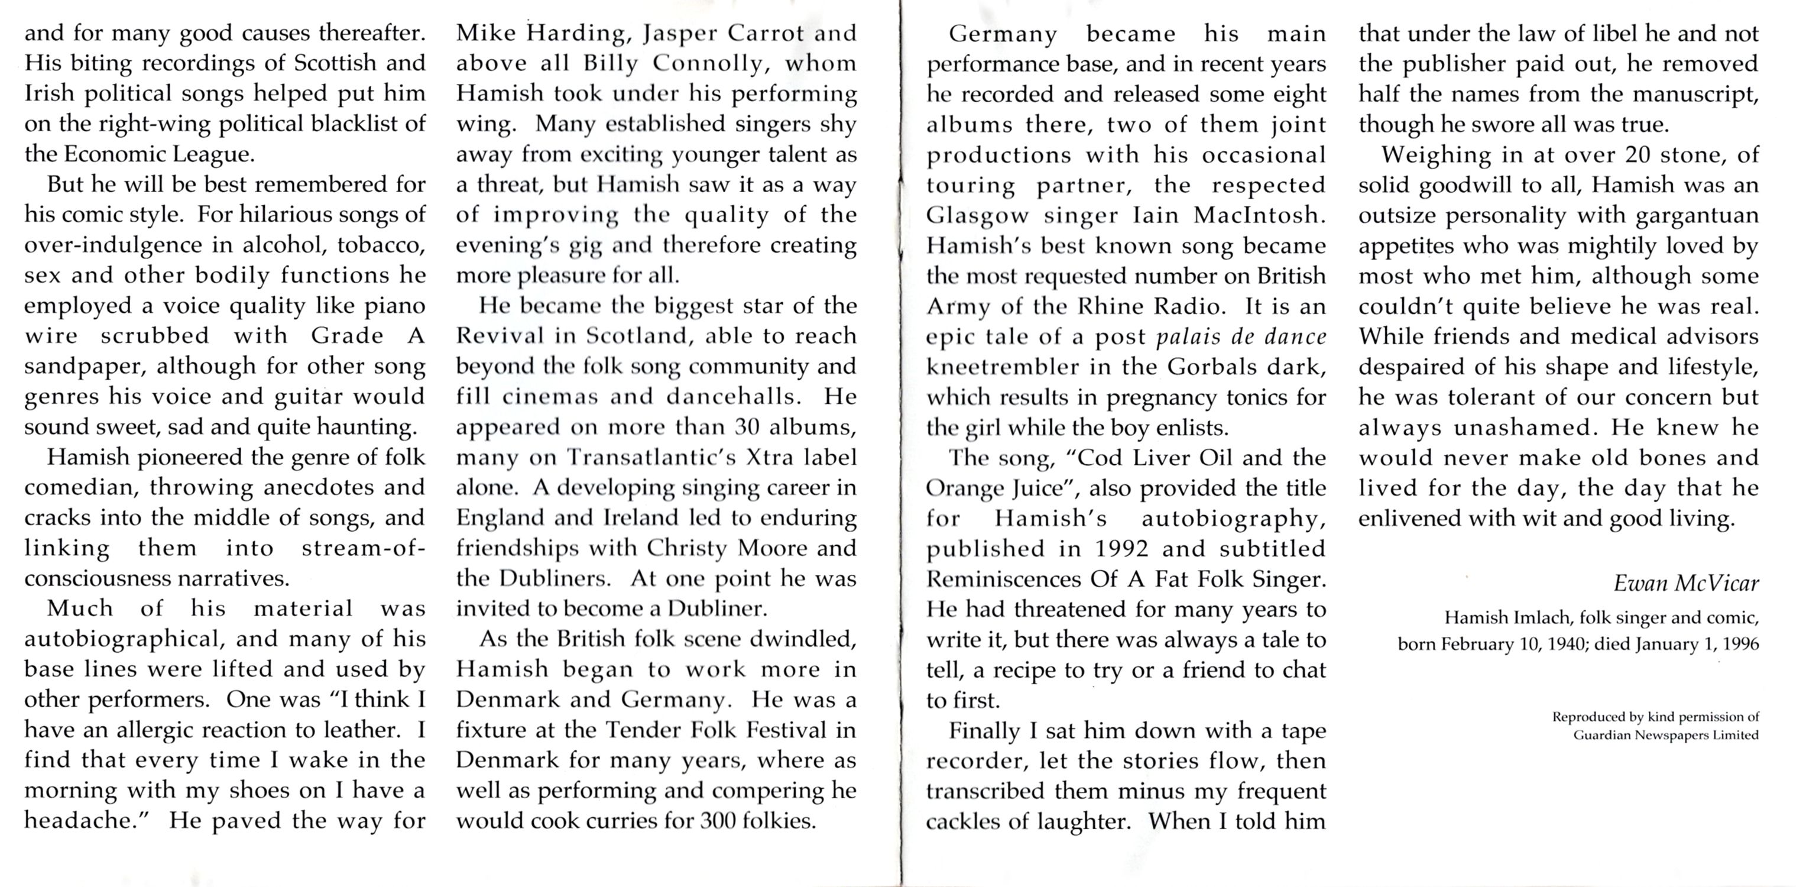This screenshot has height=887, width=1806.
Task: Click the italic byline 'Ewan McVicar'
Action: (1685, 584)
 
